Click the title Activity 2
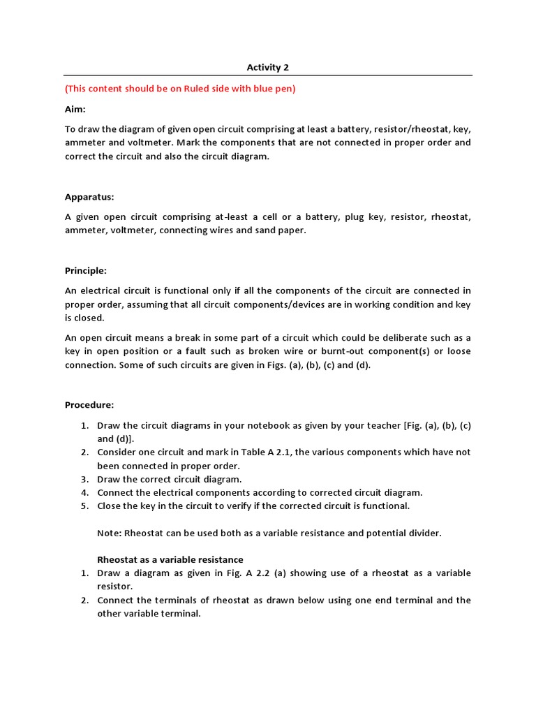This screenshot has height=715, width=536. coord(267,68)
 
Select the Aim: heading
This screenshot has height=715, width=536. coord(75,110)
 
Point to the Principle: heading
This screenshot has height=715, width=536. coord(85,270)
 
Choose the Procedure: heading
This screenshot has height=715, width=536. coord(89,405)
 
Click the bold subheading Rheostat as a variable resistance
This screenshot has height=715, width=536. coord(170,559)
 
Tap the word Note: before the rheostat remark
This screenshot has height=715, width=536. coord(109,533)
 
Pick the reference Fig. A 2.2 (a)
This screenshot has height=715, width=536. coord(243,573)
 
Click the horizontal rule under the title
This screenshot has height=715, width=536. coord(267,75)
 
